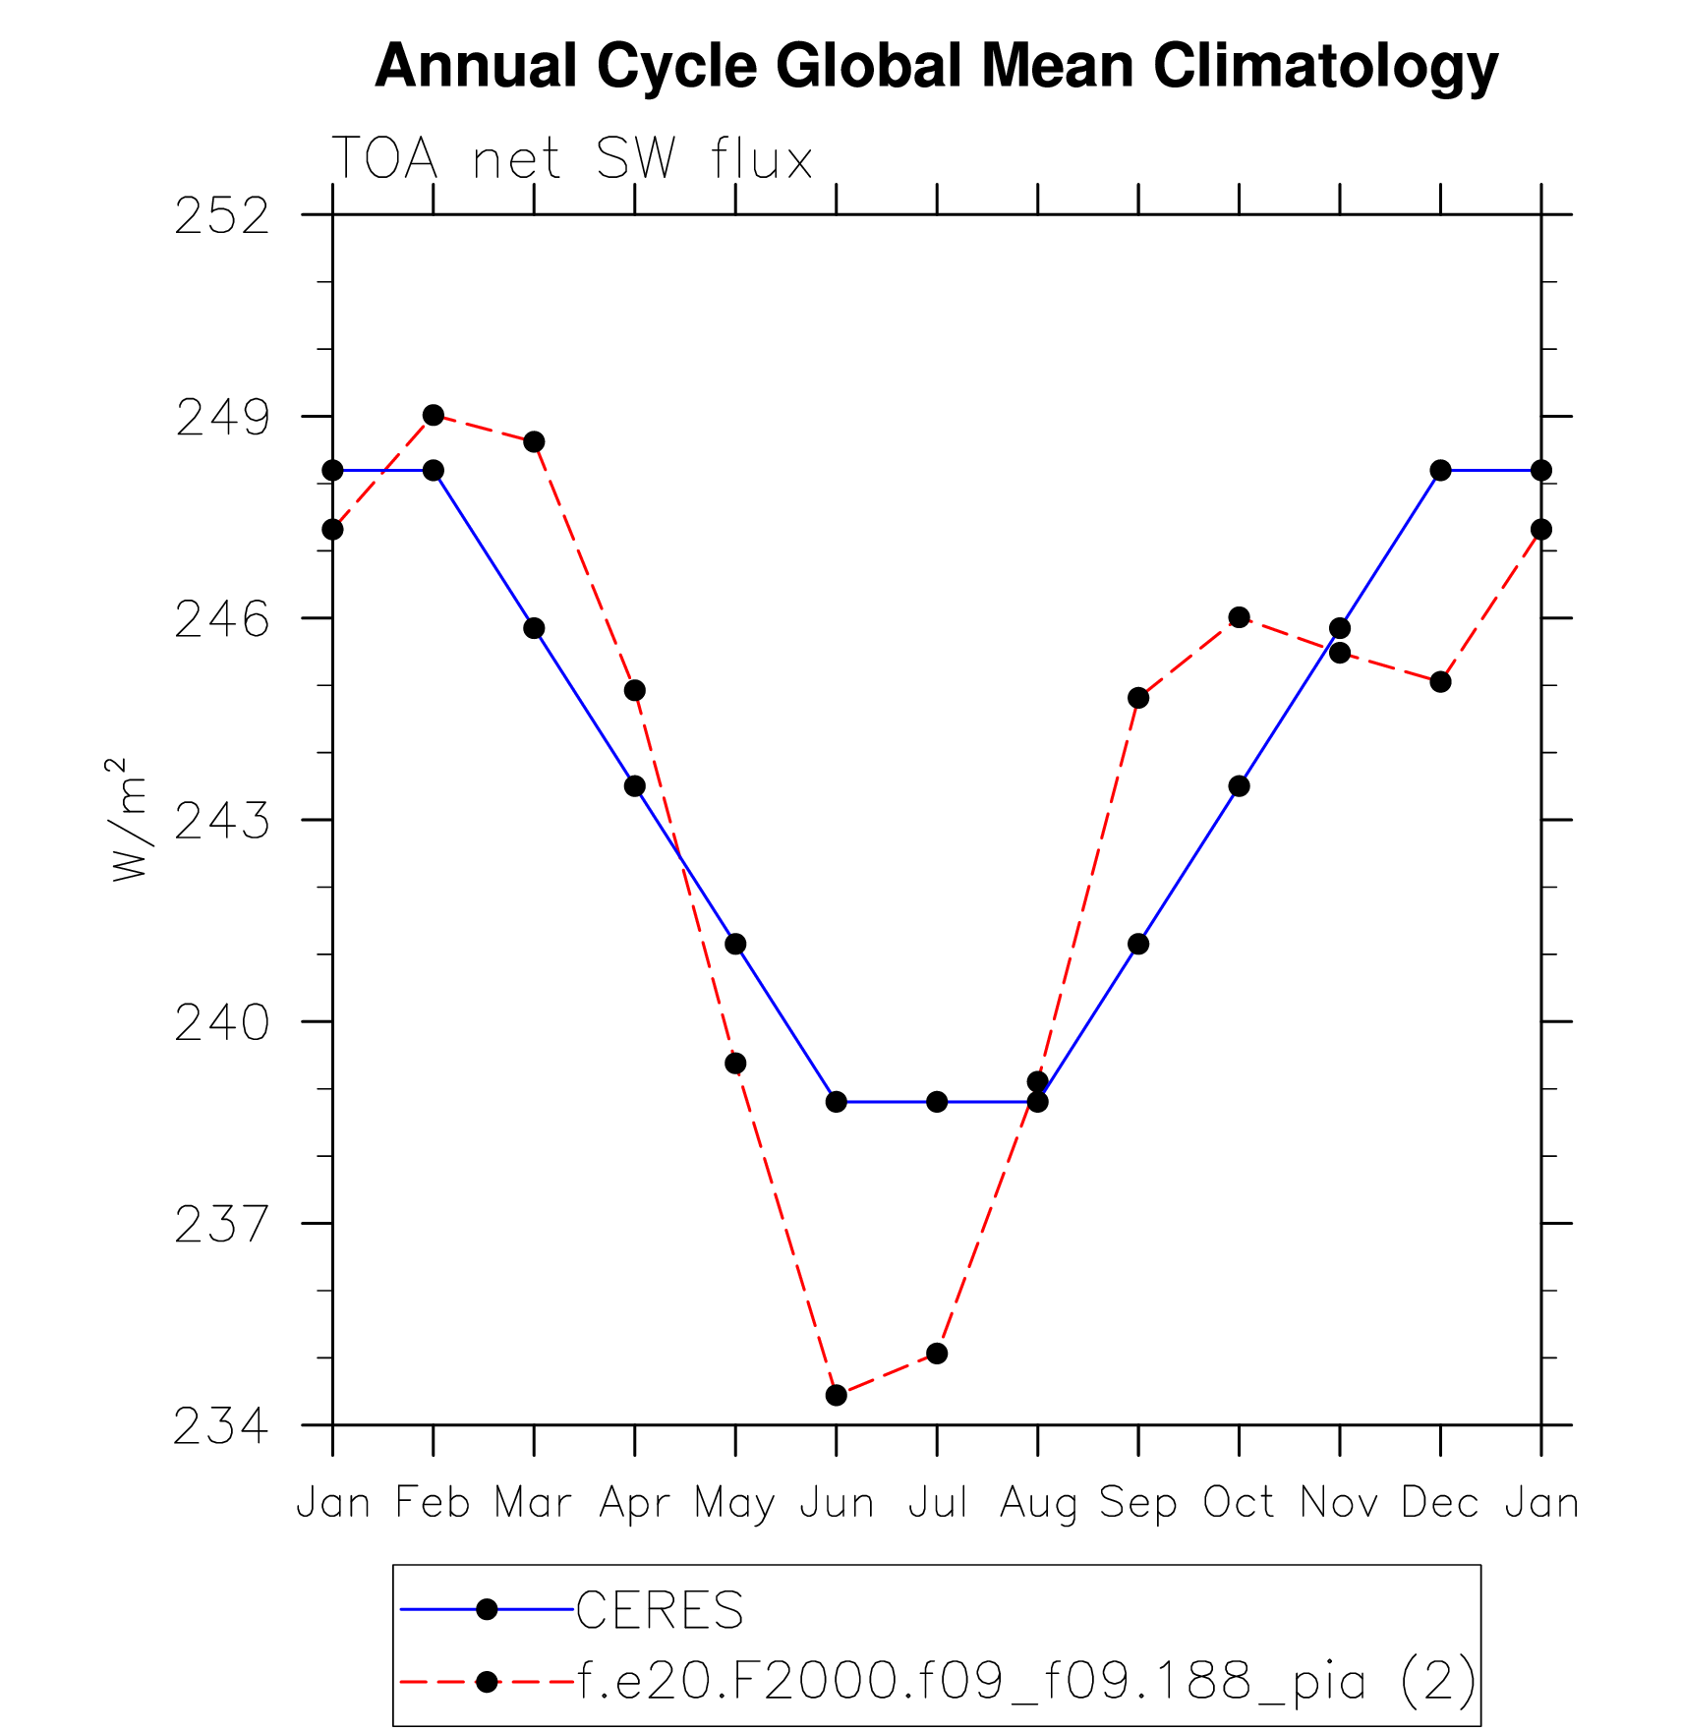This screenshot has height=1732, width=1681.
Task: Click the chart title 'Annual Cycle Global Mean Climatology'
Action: coord(936,67)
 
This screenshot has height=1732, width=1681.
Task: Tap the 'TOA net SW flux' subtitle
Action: coord(572,159)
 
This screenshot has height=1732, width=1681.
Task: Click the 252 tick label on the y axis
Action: coord(222,216)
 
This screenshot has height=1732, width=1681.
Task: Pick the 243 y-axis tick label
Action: coord(222,822)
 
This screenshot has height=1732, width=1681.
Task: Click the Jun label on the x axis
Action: coord(837,1503)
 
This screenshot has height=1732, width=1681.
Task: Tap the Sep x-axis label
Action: coord(1138,1503)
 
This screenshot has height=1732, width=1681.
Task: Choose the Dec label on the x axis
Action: coord(1440,1503)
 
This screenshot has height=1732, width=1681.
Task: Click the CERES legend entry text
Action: coord(660,1610)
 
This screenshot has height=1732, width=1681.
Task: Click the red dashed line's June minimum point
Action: coord(837,1395)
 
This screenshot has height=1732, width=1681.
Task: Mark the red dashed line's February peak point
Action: coord(434,415)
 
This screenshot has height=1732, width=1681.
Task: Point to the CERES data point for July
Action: coord(937,1102)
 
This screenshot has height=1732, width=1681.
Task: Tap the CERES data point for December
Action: coord(1440,471)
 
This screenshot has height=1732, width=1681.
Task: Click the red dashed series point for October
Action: coord(1239,617)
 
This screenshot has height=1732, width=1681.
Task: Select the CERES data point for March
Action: coord(534,628)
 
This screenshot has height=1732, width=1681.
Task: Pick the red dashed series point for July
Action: coord(937,1354)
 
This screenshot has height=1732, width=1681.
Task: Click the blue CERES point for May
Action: coord(735,944)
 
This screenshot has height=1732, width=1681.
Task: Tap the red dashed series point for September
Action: coord(1138,698)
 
